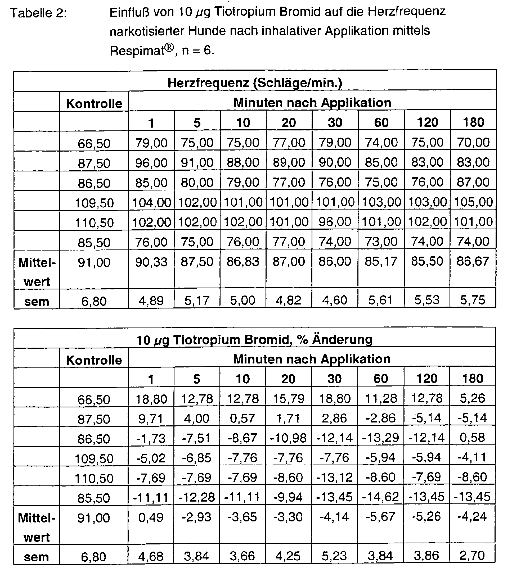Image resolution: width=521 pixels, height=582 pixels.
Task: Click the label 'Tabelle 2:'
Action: click(38, 13)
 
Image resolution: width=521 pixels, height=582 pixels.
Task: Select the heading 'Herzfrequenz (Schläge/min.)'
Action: click(255, 83)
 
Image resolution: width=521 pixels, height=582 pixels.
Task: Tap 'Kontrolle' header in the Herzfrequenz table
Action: click(94, 103)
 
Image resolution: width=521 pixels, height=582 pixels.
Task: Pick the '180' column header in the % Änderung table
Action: click(473, 379)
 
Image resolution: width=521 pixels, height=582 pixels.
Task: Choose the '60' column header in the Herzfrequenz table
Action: click(381, 123)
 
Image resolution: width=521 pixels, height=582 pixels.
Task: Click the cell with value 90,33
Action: click(151, 262)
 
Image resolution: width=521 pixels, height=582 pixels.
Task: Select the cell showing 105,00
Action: click(473, 202)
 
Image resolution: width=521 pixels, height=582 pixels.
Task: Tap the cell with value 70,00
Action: click(473, 142)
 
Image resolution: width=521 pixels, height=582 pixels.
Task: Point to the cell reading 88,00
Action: click(243, 162)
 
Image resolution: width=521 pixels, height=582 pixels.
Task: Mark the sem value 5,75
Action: click(473, 300)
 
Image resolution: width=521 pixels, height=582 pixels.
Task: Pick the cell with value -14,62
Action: click(380, 497)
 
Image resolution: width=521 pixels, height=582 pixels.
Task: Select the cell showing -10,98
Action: click(288, 438)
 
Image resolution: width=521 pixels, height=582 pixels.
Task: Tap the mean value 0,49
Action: click(151, 517)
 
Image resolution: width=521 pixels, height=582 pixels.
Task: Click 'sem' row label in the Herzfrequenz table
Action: click(37, 301)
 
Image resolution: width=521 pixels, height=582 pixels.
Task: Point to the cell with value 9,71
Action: click(151, 419)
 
